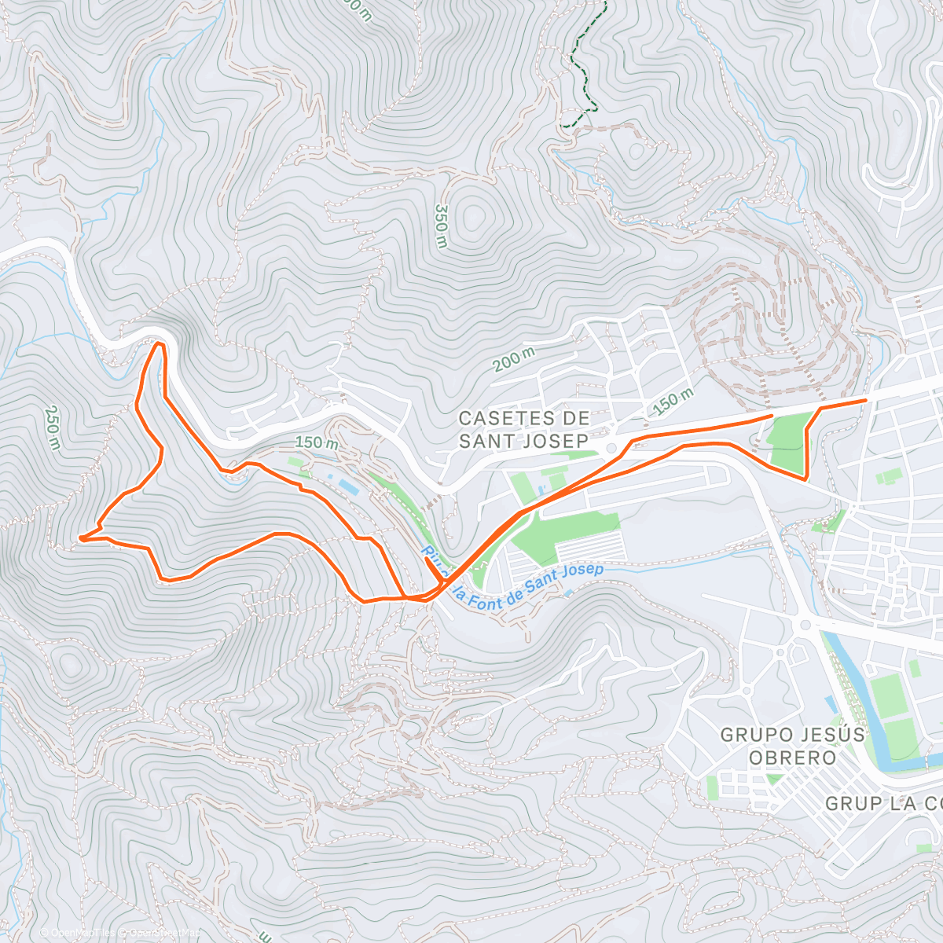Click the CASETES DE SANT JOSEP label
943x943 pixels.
(523, 429)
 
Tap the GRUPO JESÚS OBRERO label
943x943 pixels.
(792, 746)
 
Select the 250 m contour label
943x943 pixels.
(53, 427)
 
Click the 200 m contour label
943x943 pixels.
(514, 360)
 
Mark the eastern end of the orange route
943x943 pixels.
(865, 401)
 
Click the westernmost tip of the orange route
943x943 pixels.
(80, 538)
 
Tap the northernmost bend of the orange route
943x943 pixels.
(160, 344)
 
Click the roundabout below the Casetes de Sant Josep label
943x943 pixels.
(610, 448)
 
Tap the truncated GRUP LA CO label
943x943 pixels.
(884, 803)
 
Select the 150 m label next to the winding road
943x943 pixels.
(316, 442)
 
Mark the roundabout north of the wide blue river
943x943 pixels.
(804, 624)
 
